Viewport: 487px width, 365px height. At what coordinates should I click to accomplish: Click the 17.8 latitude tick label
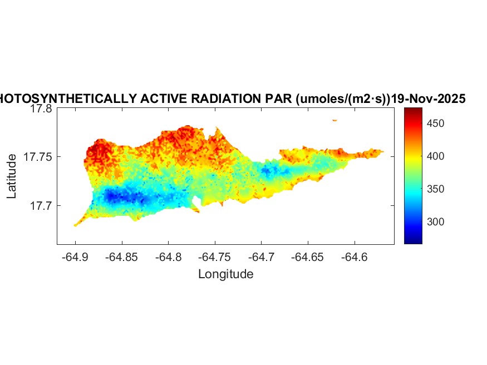pyautogui.click(x=41, y=109)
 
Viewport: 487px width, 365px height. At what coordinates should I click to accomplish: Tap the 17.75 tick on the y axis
pyautogui.click(x=38, y=157)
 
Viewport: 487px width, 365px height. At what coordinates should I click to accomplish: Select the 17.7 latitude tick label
pyautogui.click(x=41, y=206)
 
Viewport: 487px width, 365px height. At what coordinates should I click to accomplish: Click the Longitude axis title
pyautogui.click(x=225, y=274)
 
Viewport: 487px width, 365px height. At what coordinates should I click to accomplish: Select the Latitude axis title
pyautogui.click(x=12, y=177)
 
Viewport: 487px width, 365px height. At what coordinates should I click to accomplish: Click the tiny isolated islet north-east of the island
pyautogui.click(x=334, y=120)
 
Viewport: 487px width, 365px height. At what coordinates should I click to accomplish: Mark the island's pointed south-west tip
pyautogui.click(x=75, y=225)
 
